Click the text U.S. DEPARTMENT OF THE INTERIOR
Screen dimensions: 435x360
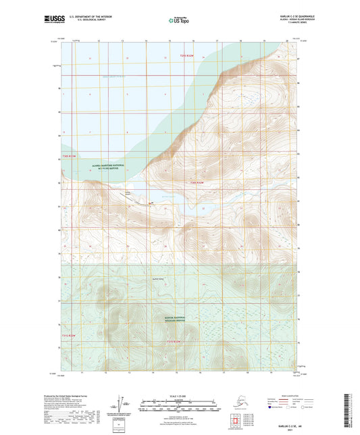pos(82,18)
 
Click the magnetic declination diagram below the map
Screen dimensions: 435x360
pos(122,408)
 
